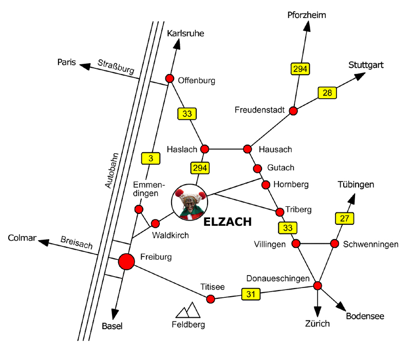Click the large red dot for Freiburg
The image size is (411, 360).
click(x=126, y=262)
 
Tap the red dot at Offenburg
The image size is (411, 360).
click(x=170, y=78)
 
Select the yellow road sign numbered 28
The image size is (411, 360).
click(x=327, y=93)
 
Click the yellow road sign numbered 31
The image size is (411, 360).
click(x=250, y=294)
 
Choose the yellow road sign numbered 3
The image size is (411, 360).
click(x=151, y=158)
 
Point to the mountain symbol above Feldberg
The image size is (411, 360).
click(x=188, y=310)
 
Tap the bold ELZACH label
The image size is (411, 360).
click(x=228, y=222)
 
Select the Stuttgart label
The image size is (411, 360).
click(x=366, y=65)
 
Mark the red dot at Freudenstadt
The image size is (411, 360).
click(x=293, y=111)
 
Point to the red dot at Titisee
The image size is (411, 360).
click(x=210, y=298)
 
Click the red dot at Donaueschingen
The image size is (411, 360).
click(x=317, y=285)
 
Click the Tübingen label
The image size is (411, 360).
click(x=356, y=185)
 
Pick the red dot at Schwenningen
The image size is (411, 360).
click(x=334, y=243)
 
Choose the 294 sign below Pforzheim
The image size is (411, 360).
click(x=299, y=68)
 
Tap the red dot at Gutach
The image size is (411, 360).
click(x=258, y=168)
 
